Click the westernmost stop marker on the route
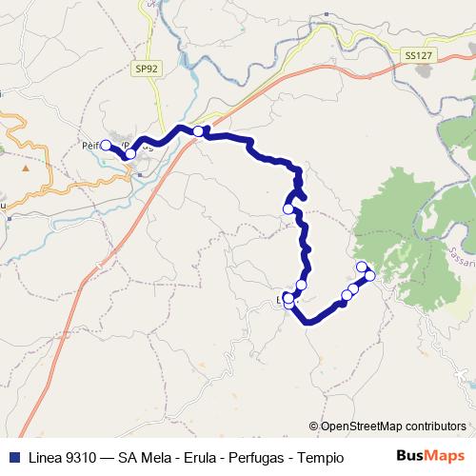click(x=106, y=145)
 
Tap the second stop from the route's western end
click(x=130, y=153)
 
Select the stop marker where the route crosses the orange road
click(x=198, y=131)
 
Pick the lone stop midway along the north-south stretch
click(x=288, y=208)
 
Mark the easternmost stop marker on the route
click(x=370, y=276)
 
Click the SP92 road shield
click(x=145, y=69)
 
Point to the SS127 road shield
click(x=414, y=56)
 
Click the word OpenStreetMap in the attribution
click(x=364, y=426)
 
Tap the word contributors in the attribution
click(x=436, y=426)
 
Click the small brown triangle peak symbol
click(x=26, y=168)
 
